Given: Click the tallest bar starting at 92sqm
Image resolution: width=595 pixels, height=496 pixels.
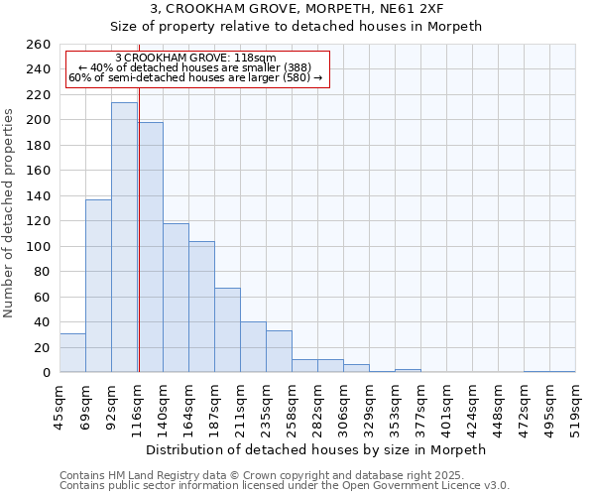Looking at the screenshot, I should click(x=124, y=238).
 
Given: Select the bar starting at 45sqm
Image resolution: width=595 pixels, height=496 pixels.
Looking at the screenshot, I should click(x=72, y=353).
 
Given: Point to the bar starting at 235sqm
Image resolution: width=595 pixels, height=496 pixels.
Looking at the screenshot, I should click(x=279, y=351).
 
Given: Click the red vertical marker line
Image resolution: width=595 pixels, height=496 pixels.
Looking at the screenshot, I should click(x=139, y=248).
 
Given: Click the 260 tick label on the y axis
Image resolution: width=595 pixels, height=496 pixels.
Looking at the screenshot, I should click(x=39, y=45).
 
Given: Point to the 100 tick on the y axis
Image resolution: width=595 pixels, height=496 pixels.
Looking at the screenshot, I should click(x=39, y=246).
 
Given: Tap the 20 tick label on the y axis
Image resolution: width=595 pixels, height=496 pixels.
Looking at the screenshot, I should click(x=43, y=347).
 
